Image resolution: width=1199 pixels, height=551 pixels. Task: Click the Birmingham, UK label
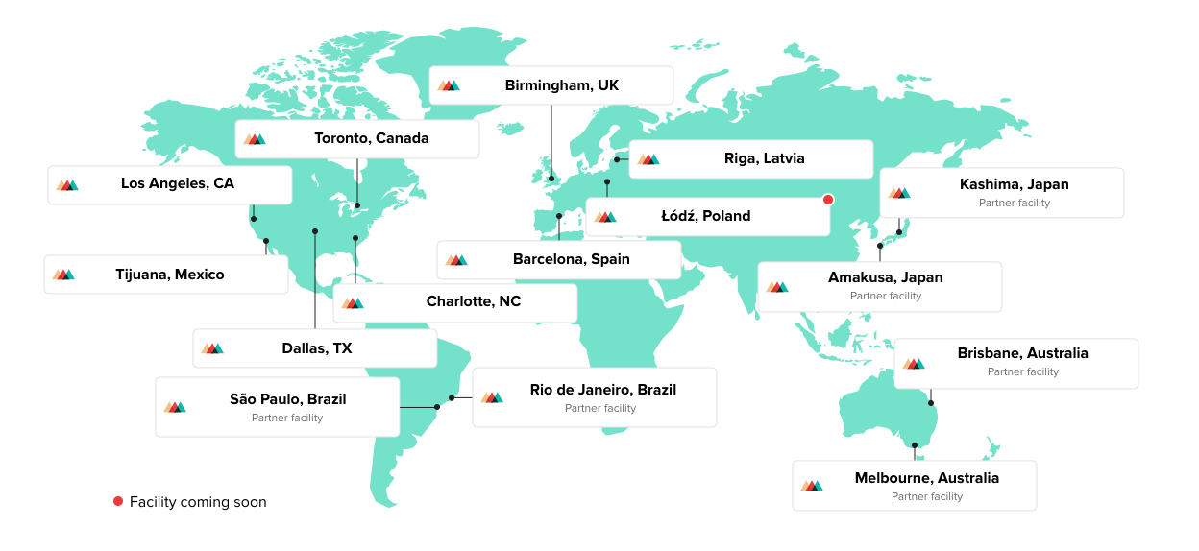(x=561, y=85)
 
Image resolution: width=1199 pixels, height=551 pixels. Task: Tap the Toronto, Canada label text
(x=371, y=138)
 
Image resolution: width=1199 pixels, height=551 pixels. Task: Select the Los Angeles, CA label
(x=177, y=183)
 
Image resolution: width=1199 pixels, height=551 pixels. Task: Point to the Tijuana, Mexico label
(x=169, y=275)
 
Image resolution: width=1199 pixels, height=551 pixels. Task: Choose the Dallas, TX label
(x=316, y=348)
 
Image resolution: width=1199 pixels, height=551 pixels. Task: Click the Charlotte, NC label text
(x=473, y=301)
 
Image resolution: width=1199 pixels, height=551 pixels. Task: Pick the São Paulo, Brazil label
(x=287, y=399)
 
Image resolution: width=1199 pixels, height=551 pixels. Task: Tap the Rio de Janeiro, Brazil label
(x=602, y=390)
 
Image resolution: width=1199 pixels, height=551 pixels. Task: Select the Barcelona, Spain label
(x=571, y=259)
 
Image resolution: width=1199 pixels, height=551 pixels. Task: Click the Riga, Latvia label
(x=764, y=158)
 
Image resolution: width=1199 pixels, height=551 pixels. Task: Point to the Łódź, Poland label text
(x=705, y=216)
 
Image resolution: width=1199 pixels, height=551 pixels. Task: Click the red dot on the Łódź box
(x=828, y=200)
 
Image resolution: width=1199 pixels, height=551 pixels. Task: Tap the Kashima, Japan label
(x=1014, y=184)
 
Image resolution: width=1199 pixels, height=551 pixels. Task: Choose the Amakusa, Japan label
(x=885, y=277)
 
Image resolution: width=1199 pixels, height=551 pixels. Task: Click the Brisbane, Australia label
(x=1022, y=353)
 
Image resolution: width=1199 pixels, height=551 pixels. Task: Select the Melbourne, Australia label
(x=926, y=478)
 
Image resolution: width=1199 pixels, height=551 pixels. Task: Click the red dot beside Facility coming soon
(x=118, y=501)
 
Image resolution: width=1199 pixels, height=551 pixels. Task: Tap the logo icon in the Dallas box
(x=212, y=348)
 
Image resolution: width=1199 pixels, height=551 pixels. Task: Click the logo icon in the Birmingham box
(x=449, y=85)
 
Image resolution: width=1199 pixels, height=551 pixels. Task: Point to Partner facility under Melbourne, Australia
(x=926, y=496)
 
